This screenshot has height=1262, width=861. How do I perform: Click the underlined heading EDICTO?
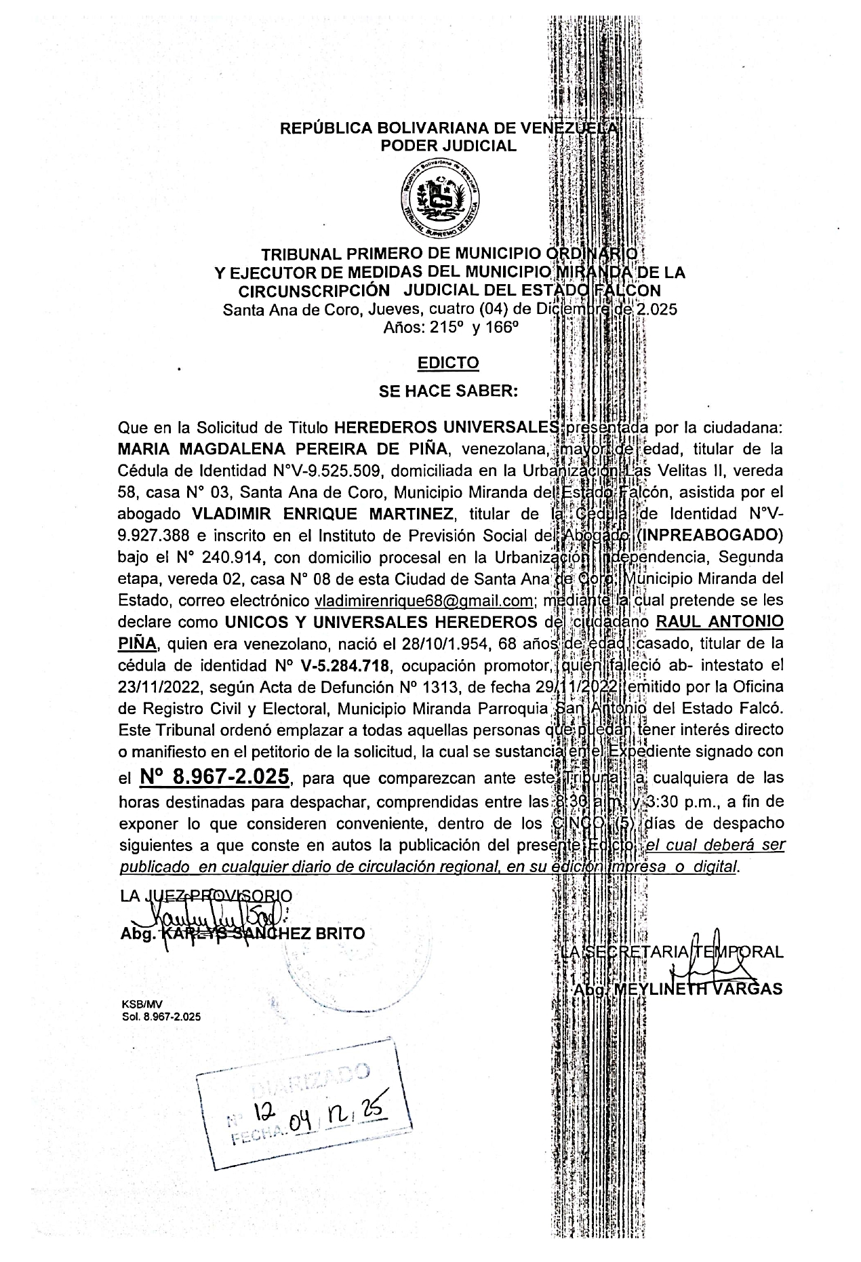(x=448, y=363)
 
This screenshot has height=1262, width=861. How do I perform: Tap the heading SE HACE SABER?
(x=448, y=391)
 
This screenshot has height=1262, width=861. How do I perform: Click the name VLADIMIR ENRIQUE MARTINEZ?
(x=322, y=514)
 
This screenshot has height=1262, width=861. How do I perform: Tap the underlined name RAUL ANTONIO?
(x=717, y=622)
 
